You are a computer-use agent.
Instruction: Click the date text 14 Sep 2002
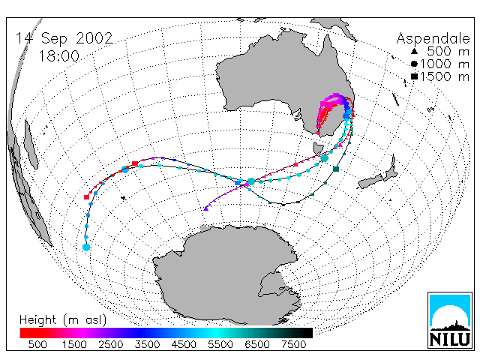64,38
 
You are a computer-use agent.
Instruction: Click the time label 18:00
58,56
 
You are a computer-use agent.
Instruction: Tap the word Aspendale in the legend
433,39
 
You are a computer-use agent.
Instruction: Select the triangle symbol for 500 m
414,51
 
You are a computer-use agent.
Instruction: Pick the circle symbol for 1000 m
414,64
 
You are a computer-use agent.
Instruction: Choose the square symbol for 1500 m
414,76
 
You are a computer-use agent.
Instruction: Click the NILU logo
450,320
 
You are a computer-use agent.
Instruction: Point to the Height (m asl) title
63,320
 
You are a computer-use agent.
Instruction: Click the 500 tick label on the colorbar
37,344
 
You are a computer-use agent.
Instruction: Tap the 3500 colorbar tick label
147,344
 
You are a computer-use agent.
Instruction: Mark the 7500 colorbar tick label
293,344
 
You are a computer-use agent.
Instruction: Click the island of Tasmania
318,148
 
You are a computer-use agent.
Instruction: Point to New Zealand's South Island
370,181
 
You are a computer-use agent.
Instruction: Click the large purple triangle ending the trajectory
205,208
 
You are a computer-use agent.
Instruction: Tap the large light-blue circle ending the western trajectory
86,247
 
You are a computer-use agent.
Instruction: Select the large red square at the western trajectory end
87,197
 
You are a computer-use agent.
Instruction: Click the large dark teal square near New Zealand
336,169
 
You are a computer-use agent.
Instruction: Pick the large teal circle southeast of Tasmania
325,158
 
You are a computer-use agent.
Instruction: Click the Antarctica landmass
226,275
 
